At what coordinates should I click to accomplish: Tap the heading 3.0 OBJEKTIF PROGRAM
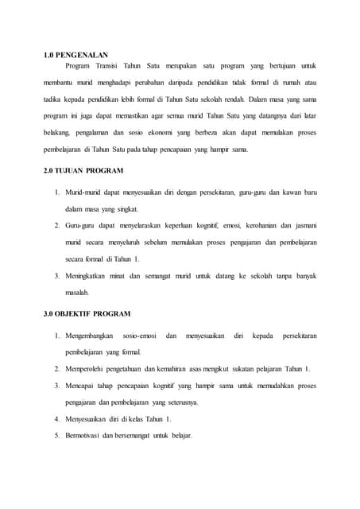[87, 313]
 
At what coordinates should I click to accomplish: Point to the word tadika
[53, 101]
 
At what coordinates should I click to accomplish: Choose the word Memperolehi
[88, 369]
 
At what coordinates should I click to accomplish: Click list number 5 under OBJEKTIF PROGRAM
[57, 435]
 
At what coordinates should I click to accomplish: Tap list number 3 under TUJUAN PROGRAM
[57, 275]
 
